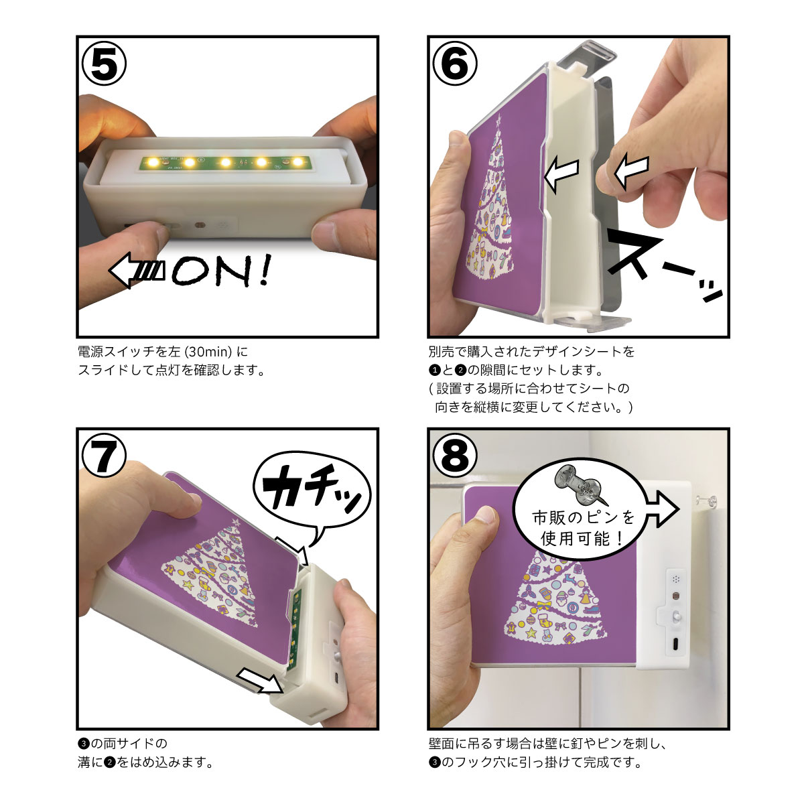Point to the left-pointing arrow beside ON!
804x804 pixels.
click(137, 271)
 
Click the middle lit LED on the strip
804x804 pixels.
click(225, 162)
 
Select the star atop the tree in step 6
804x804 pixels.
click(498, 123)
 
